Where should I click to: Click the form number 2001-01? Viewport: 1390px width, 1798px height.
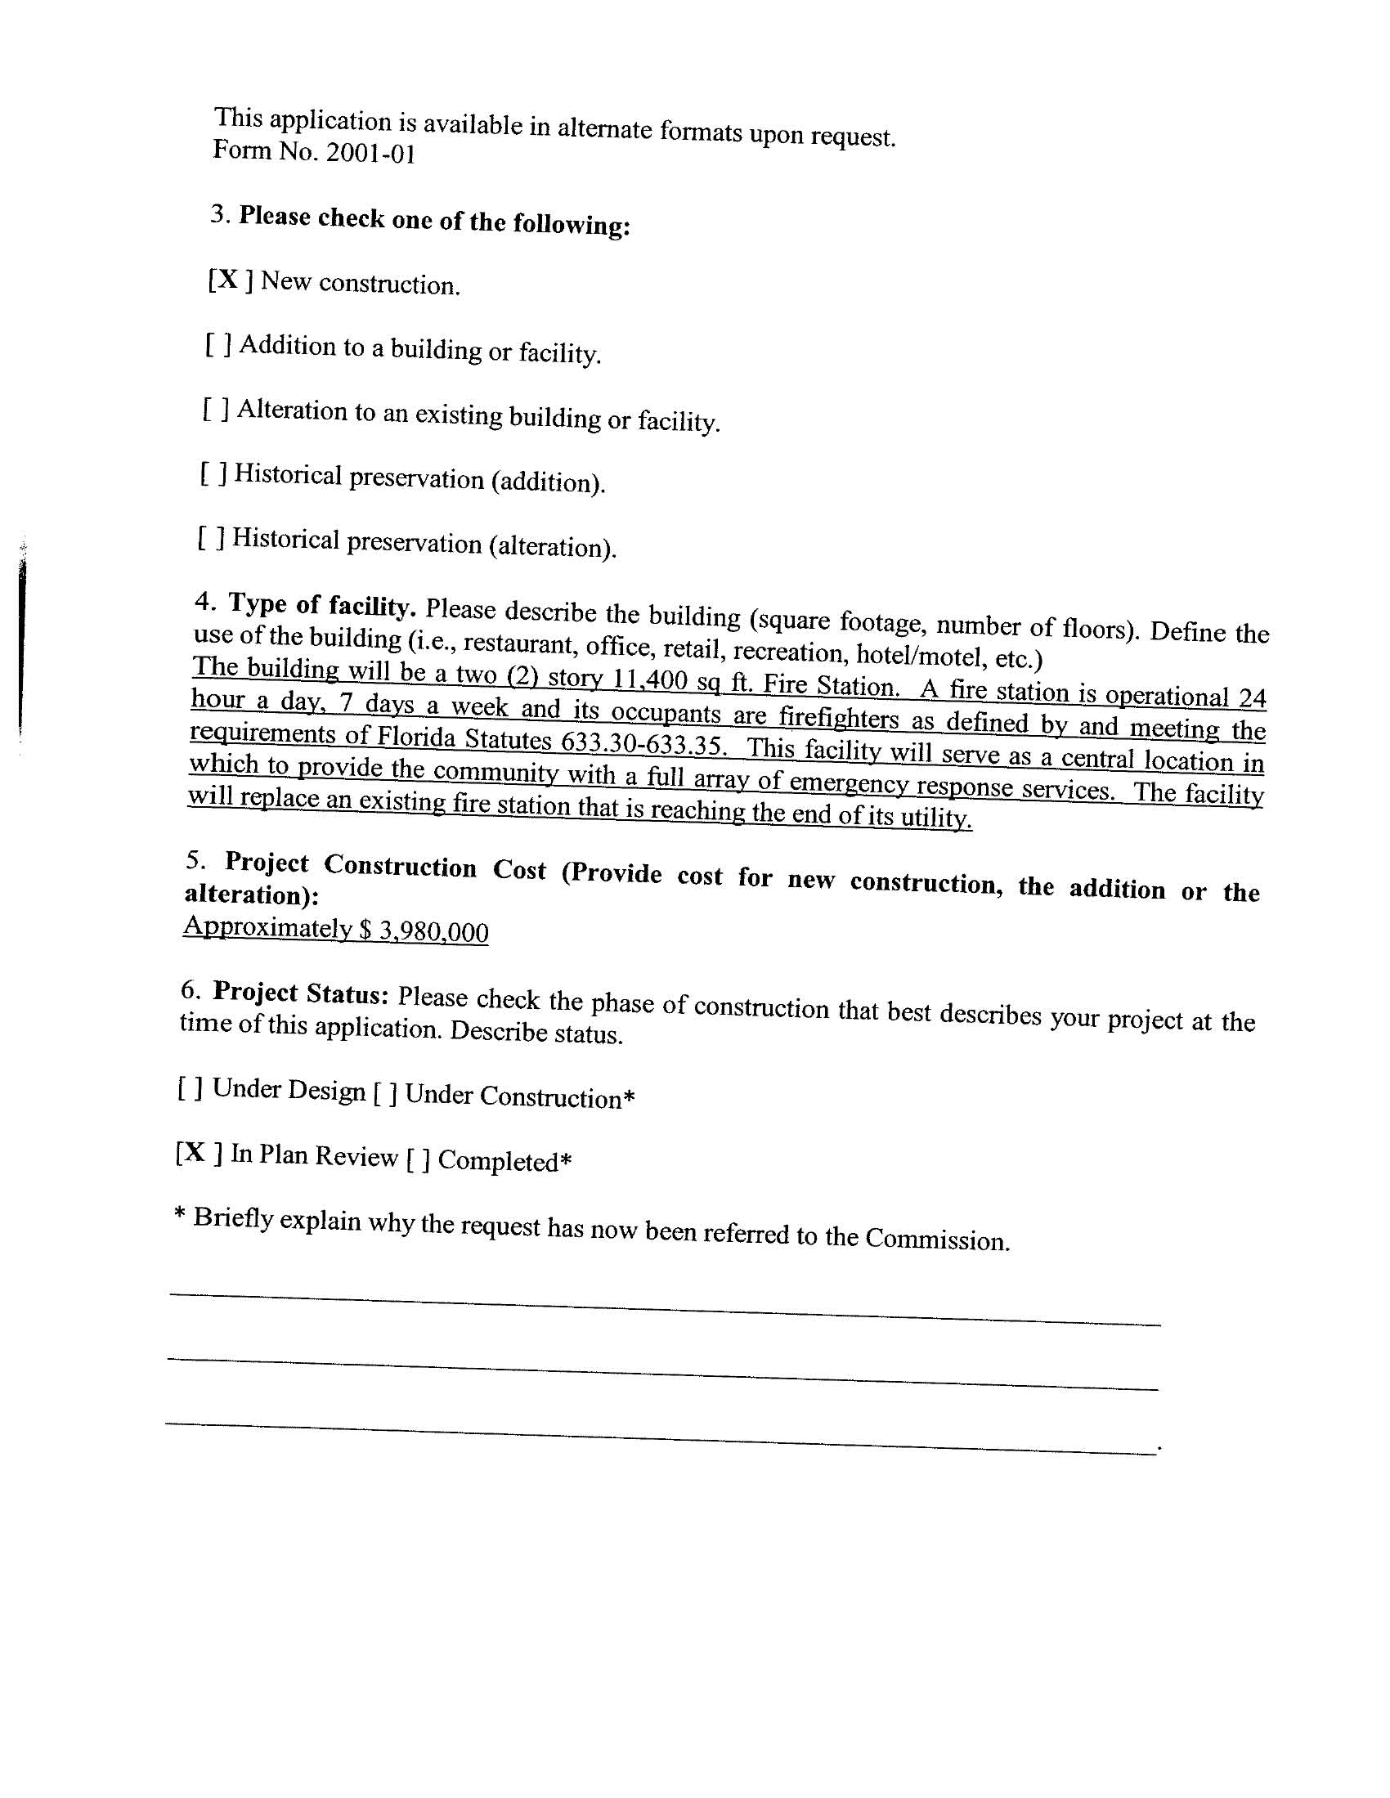pyautogui.click(x=370, y=153)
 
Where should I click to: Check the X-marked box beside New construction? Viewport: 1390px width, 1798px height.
pyautogui.click(x=230, y=280)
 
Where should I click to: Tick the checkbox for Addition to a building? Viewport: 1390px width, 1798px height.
pyautogui.click(x=217, y=345)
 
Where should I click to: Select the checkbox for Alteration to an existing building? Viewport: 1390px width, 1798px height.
pyautogui.click(x=215, y=409)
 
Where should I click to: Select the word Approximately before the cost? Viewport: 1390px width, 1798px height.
pyautogui.click(x=267, y=926)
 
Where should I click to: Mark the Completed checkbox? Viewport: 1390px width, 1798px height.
pyautogui.click(x=418, y=1159)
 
